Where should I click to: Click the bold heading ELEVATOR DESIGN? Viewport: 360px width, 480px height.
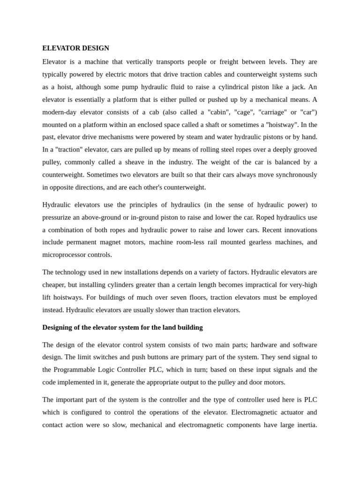click(x=75, y=48)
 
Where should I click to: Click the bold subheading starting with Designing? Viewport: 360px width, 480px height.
click(x=122, y=327)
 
